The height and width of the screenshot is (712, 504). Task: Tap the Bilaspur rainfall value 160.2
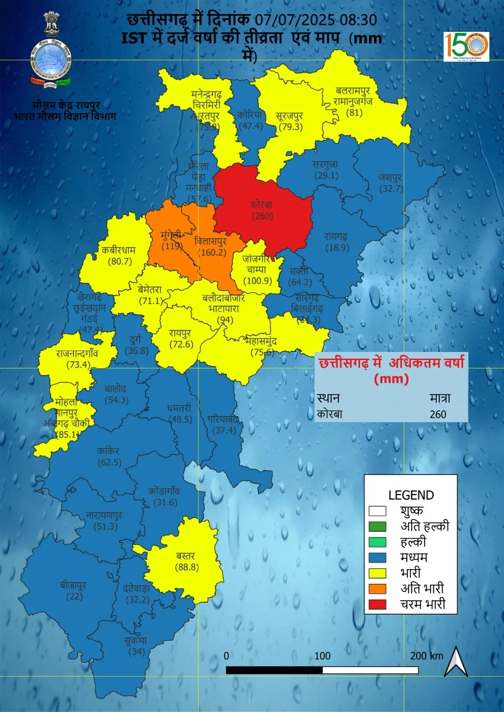[x=212, y=253]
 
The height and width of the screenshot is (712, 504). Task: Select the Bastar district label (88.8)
[x=186, y=562]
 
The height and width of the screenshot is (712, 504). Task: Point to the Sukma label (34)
[x=136, y=647]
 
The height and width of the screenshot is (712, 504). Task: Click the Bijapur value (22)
[x=74, y=596]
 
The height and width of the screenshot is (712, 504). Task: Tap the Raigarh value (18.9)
[x=337, y=248]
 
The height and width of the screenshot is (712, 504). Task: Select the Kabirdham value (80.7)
[x=120, y=261]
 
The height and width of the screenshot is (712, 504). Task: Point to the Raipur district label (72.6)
[x=181, y=339]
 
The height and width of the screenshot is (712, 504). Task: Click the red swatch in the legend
[x=377, y=604]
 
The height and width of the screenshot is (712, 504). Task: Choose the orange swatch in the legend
[x=377, y=589]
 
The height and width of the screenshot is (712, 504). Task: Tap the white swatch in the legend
[x=377, y=511]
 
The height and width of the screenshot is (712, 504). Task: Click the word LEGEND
[x=411, y=495]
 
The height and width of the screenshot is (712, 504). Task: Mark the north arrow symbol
[x=456, y=662]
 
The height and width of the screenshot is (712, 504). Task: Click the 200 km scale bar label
[x=426, y=655]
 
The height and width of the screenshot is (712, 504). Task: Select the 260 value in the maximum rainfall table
[x=438, y=414]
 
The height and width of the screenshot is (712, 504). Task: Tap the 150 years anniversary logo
[x=466, y=46]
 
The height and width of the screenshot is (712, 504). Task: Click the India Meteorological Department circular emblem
[x=50, y=62]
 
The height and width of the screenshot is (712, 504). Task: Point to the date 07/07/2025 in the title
[x=295, y=20]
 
